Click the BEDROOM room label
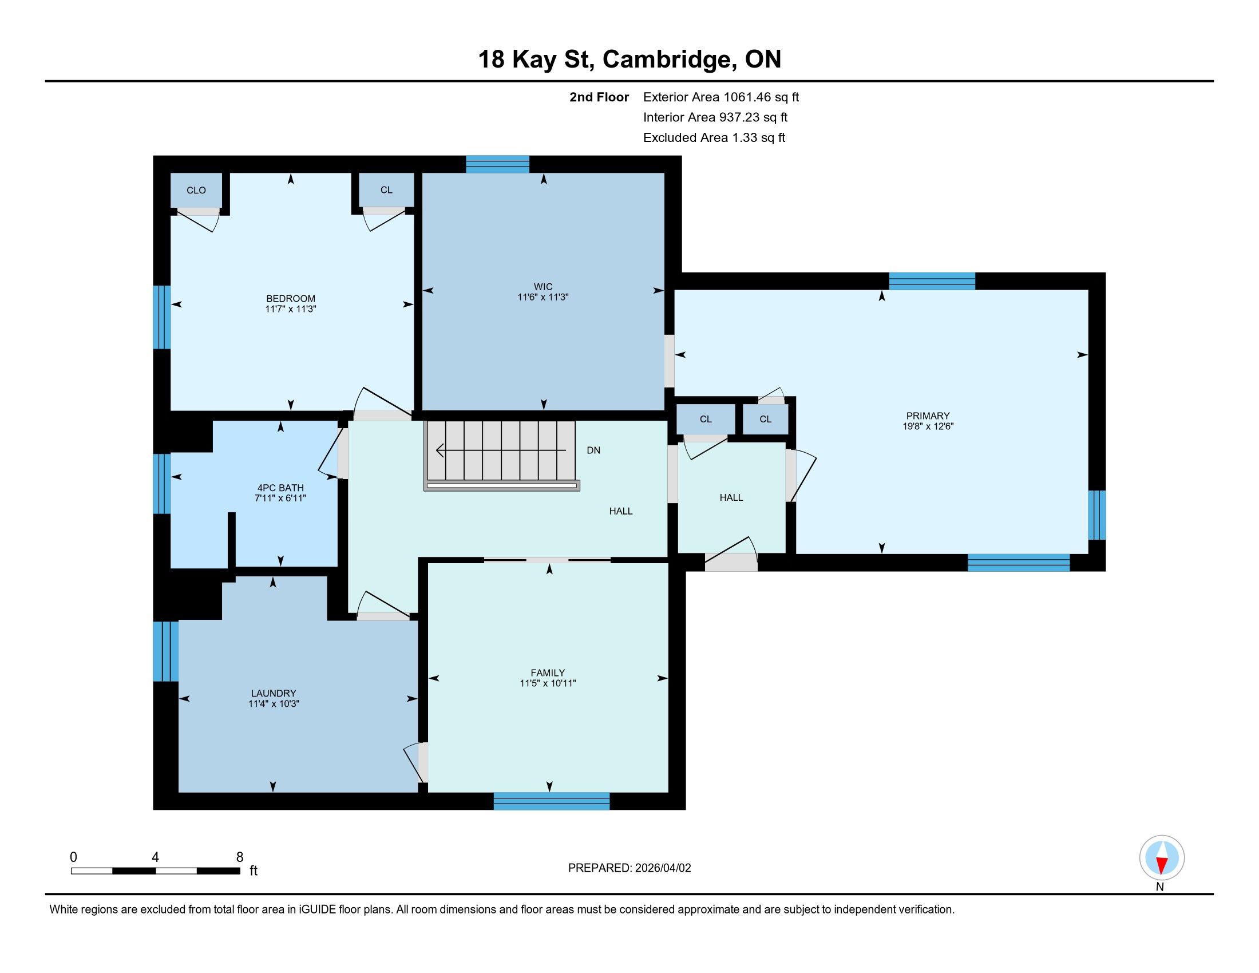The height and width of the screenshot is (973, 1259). (x=291, y=299)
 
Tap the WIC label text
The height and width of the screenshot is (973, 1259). (x=543, y=287)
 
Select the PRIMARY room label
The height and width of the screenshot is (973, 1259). (x=928, y=416)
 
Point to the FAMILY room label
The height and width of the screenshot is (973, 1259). (x=548, y=673)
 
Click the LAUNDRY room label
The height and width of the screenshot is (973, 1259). (x=274, y=694)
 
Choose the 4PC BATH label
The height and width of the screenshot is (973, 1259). (x=281, y=488)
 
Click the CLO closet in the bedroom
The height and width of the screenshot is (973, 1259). (x=196, y=190)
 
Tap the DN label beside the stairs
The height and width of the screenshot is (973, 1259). (x=594, y=450)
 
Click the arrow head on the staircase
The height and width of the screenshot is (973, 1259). (x=440, y=450)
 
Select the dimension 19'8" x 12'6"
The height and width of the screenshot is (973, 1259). (x=928, y=426)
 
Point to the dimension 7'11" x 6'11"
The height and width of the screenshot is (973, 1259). (x=281, y=498)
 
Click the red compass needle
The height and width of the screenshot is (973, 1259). (x=1162, y=865)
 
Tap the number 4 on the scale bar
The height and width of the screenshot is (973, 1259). (x=155, y=857)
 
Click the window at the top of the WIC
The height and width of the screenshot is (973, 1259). (x=497, y=164)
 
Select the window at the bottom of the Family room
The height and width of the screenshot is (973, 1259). (x=552, y=801)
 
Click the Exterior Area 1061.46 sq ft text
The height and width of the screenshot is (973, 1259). (x=721, y=97)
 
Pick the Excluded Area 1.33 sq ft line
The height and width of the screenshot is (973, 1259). (x=714, y=138)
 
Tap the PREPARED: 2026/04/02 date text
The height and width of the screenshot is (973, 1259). (x=629, y=868)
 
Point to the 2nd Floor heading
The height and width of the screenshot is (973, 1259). (x=599, y=97)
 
